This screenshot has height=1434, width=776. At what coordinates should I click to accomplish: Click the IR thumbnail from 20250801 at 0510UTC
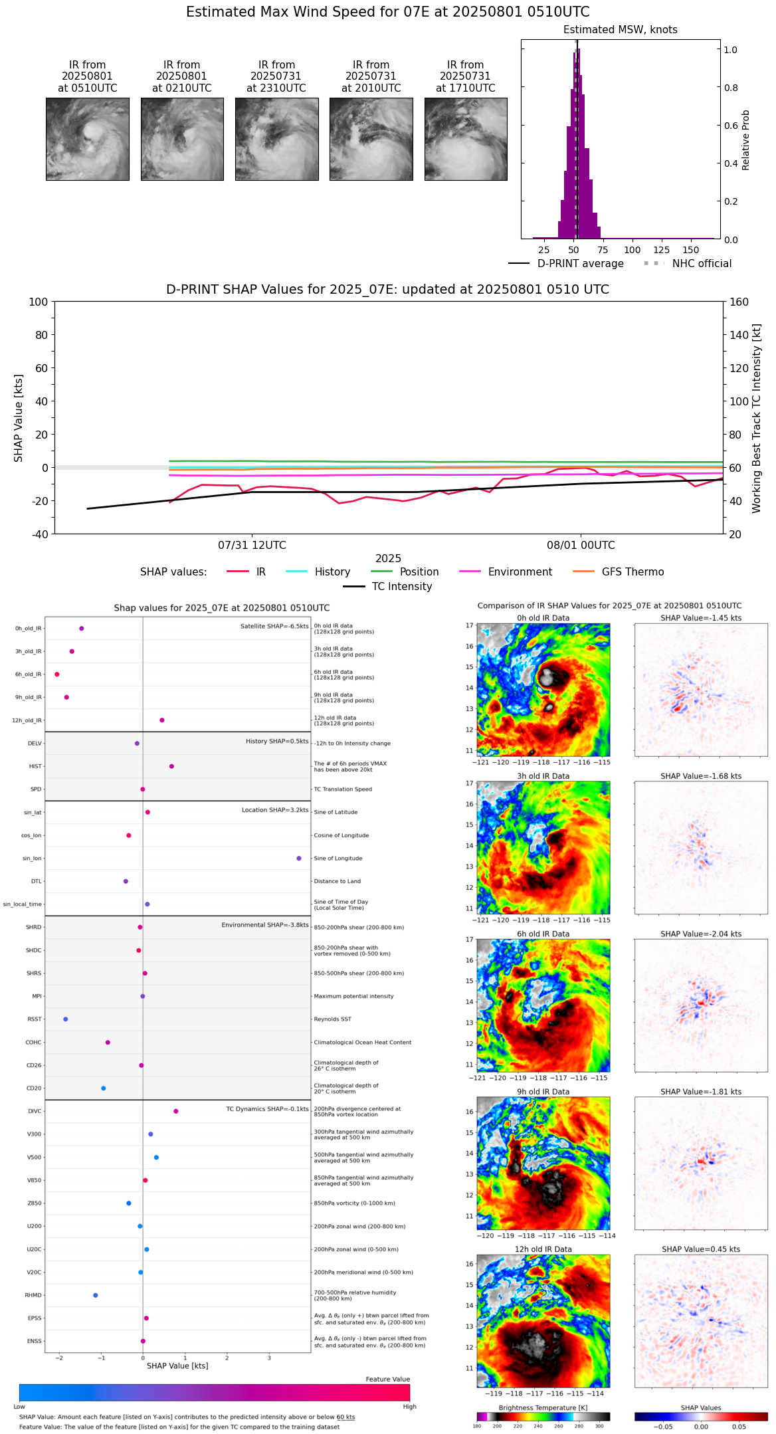[x=87, y=139]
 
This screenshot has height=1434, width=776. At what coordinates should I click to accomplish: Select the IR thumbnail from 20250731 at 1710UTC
[x=466, y=139]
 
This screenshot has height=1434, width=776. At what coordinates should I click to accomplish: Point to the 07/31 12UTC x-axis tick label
[x=252, y=546]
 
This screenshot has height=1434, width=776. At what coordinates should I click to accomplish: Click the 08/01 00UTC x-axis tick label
[x=581, y=546]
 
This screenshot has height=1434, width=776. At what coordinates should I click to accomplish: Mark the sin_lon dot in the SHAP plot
[x=299, y=859]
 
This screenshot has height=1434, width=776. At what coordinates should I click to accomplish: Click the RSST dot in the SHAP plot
[x=65, y=1019]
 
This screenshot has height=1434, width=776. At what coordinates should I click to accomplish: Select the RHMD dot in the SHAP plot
[x=96, y=1295]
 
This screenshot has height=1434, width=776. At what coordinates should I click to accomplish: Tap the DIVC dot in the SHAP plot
[x=176, y=1111]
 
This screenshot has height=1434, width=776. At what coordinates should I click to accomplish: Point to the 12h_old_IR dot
[x=161, y=720]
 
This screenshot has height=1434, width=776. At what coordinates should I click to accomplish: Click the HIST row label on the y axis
[x=35, y=767]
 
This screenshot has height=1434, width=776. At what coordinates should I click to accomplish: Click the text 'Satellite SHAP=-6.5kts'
[x=274, y=627]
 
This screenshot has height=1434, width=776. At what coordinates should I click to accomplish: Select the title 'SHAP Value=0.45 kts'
[x=701, y=1249]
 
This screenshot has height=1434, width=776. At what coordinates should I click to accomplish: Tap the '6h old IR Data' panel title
[x=543, y=934]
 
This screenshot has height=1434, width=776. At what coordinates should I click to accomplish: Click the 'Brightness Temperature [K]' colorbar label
[x=543, y=1407]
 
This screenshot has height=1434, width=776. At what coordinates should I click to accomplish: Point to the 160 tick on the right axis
[x=739, y=302]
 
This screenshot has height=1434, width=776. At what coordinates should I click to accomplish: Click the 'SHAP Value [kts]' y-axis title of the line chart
[x=19, y=418]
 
